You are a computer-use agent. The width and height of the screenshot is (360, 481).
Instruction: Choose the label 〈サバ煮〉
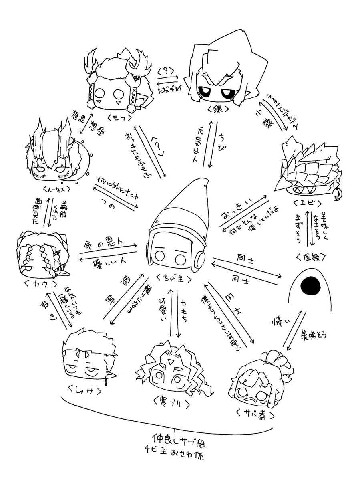tap(252, 414)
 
